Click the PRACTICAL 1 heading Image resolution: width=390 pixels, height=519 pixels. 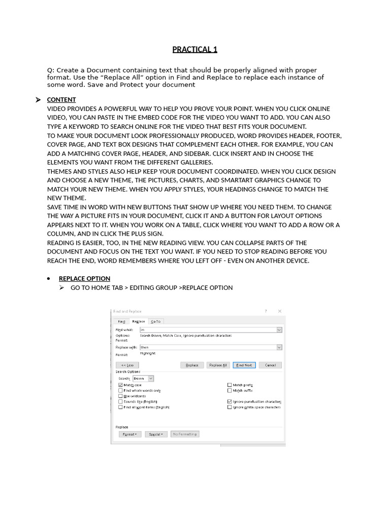coord(194,49)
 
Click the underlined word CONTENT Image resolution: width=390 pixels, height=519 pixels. coord(61,100)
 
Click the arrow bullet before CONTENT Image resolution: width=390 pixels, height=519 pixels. coord(38,100)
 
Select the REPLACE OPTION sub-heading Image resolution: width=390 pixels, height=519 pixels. coord(84,278)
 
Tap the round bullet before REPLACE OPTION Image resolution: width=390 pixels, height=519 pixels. coord(48,279)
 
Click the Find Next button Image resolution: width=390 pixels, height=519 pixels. coord(244,365)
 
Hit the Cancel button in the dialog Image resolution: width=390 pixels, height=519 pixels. coord(270,365)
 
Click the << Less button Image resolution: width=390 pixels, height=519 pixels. coord(127,365)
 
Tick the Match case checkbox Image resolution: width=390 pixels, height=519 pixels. coord(120,385)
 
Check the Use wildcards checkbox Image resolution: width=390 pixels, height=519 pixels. coord(120,396)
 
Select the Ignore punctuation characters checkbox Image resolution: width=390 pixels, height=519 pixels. coord(230,401)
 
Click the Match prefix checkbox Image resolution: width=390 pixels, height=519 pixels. coord(230,385)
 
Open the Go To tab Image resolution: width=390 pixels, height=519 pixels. coord(155,321)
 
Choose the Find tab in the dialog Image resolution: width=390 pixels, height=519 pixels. coord(121,321)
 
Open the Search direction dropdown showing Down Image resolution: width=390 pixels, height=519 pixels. coord(143,378)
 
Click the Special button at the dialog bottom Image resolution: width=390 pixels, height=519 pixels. coord(156,434)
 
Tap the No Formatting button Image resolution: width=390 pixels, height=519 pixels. coord(185,434)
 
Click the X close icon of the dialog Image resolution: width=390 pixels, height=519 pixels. coord(279,311)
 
